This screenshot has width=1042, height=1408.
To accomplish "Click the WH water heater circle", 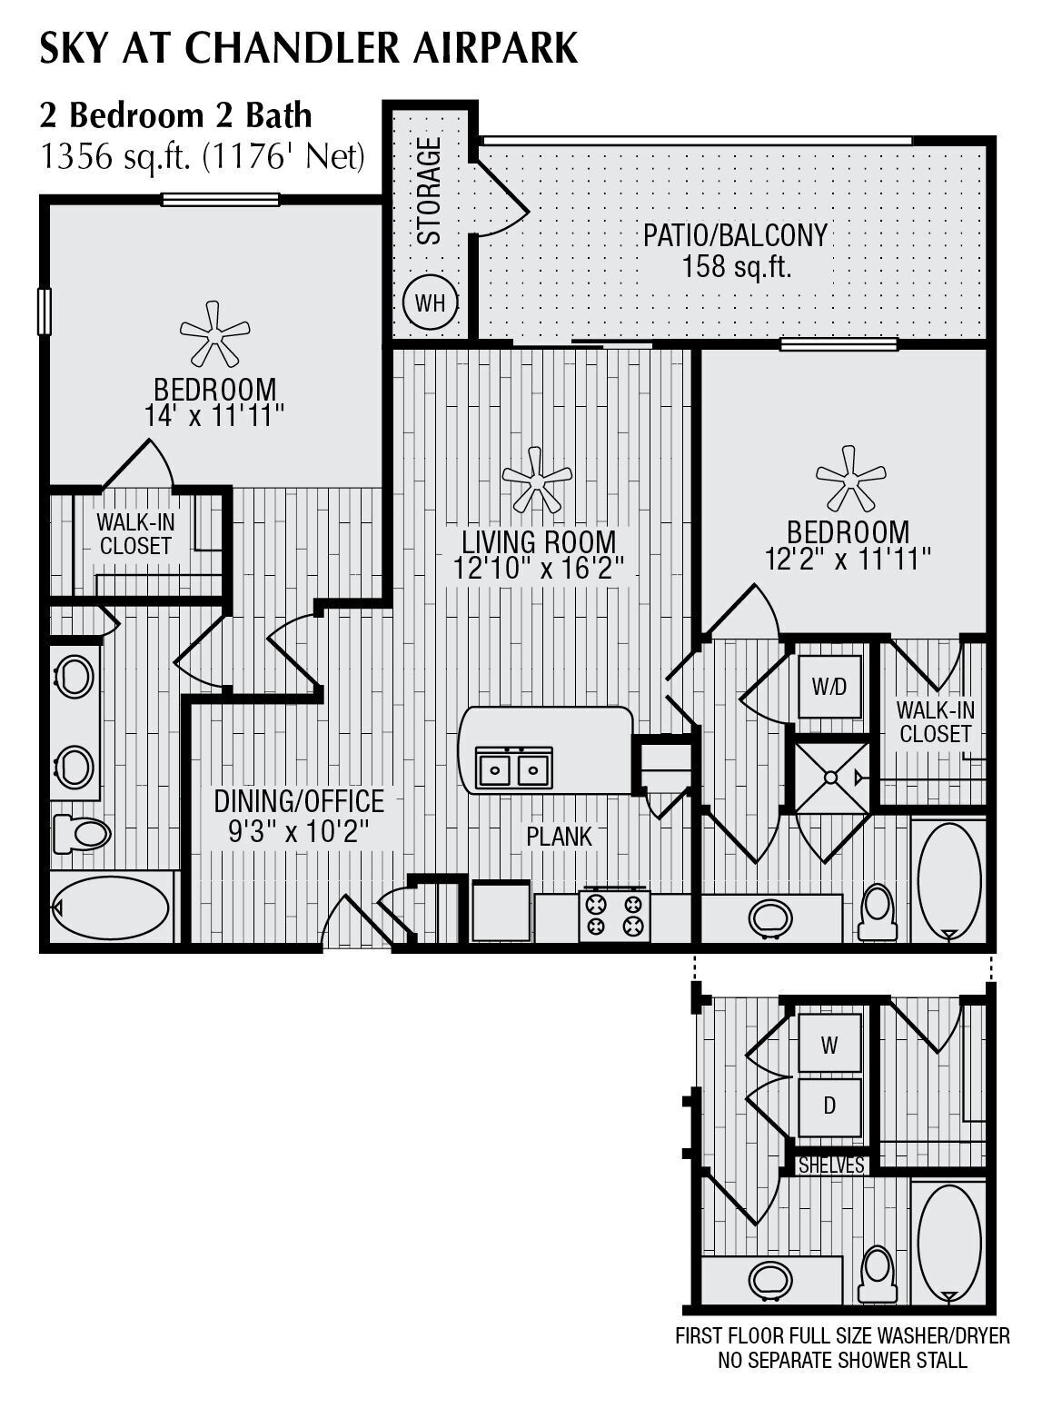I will click(x=430, y=302).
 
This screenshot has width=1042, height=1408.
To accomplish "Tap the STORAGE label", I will click(x=429, y=191).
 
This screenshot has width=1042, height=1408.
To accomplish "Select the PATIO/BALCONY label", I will click(x=735, y=235).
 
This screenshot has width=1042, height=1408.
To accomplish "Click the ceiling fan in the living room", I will click(x=536, y=481).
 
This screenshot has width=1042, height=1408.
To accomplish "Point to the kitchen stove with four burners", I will click(x=614, y=915).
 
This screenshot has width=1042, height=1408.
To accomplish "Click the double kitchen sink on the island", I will click(x=514, y=768).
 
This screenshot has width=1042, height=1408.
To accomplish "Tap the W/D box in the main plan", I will click(x=829, y=688).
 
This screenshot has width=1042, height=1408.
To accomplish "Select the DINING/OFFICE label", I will click(x=299, y=801).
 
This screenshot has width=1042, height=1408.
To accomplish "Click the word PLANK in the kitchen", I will click(x=559, y=837).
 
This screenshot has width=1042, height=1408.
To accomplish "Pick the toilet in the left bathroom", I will click(x=81, y=833).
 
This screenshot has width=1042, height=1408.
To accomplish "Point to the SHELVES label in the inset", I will click(x=831, y=1165).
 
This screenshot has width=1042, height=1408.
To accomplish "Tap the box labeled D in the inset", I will click(x=829, y=1106).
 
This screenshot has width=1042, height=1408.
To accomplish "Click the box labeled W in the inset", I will click(x=829, y=1046).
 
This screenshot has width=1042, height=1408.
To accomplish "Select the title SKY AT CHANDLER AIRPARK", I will click(x=308, y=48).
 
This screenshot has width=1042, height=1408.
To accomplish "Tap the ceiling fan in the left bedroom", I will click(x=214, y=335).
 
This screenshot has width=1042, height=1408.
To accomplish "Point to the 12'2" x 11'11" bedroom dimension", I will click(x=847, y=559).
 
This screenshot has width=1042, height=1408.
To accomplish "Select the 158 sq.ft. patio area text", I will click(x=736, y=267).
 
